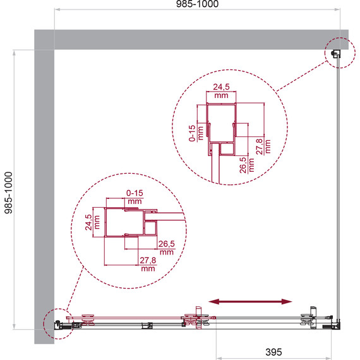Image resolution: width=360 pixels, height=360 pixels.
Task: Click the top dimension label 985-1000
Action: click(197, 4)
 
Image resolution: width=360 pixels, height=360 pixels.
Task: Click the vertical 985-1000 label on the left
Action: click(8, 193)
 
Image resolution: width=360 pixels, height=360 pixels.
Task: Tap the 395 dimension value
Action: click(273, 352)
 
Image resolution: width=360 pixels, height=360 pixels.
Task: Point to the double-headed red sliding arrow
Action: click(250, 301)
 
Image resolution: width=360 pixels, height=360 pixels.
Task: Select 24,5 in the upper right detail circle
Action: click(221, 87)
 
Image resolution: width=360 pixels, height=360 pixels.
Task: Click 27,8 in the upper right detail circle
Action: click(259, 147)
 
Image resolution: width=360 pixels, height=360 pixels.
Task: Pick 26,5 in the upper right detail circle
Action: click(243, 165)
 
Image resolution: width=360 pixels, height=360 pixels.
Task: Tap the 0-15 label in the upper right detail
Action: click(192, 133)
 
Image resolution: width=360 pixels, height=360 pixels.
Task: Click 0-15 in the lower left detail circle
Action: click(135, 193)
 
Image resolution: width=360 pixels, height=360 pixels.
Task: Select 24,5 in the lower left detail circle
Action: click(88, 222)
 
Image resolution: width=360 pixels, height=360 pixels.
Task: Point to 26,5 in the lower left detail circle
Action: click(167, 244)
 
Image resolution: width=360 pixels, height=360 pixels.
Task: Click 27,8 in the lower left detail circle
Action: click(148, 260)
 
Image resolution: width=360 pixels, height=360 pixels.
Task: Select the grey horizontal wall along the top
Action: click(191, 40)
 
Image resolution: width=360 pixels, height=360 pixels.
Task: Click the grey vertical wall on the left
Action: click(44, 196)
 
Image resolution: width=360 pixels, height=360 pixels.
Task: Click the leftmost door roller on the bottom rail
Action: click(88, 320)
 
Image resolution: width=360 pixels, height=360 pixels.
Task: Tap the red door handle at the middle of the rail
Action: click(198, 317)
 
